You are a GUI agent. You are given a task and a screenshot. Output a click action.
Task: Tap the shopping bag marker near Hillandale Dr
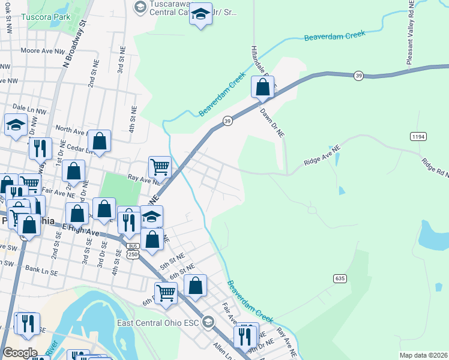[263, 88]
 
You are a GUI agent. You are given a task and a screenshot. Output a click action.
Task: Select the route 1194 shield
[418, 137]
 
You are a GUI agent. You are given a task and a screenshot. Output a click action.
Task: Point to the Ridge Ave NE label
[322, 155]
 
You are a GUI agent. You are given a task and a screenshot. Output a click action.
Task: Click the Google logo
[20, 353]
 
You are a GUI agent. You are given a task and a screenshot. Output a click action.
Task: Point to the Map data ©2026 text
[423, 355]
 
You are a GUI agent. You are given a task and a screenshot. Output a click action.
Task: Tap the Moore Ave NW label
[41, 52]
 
